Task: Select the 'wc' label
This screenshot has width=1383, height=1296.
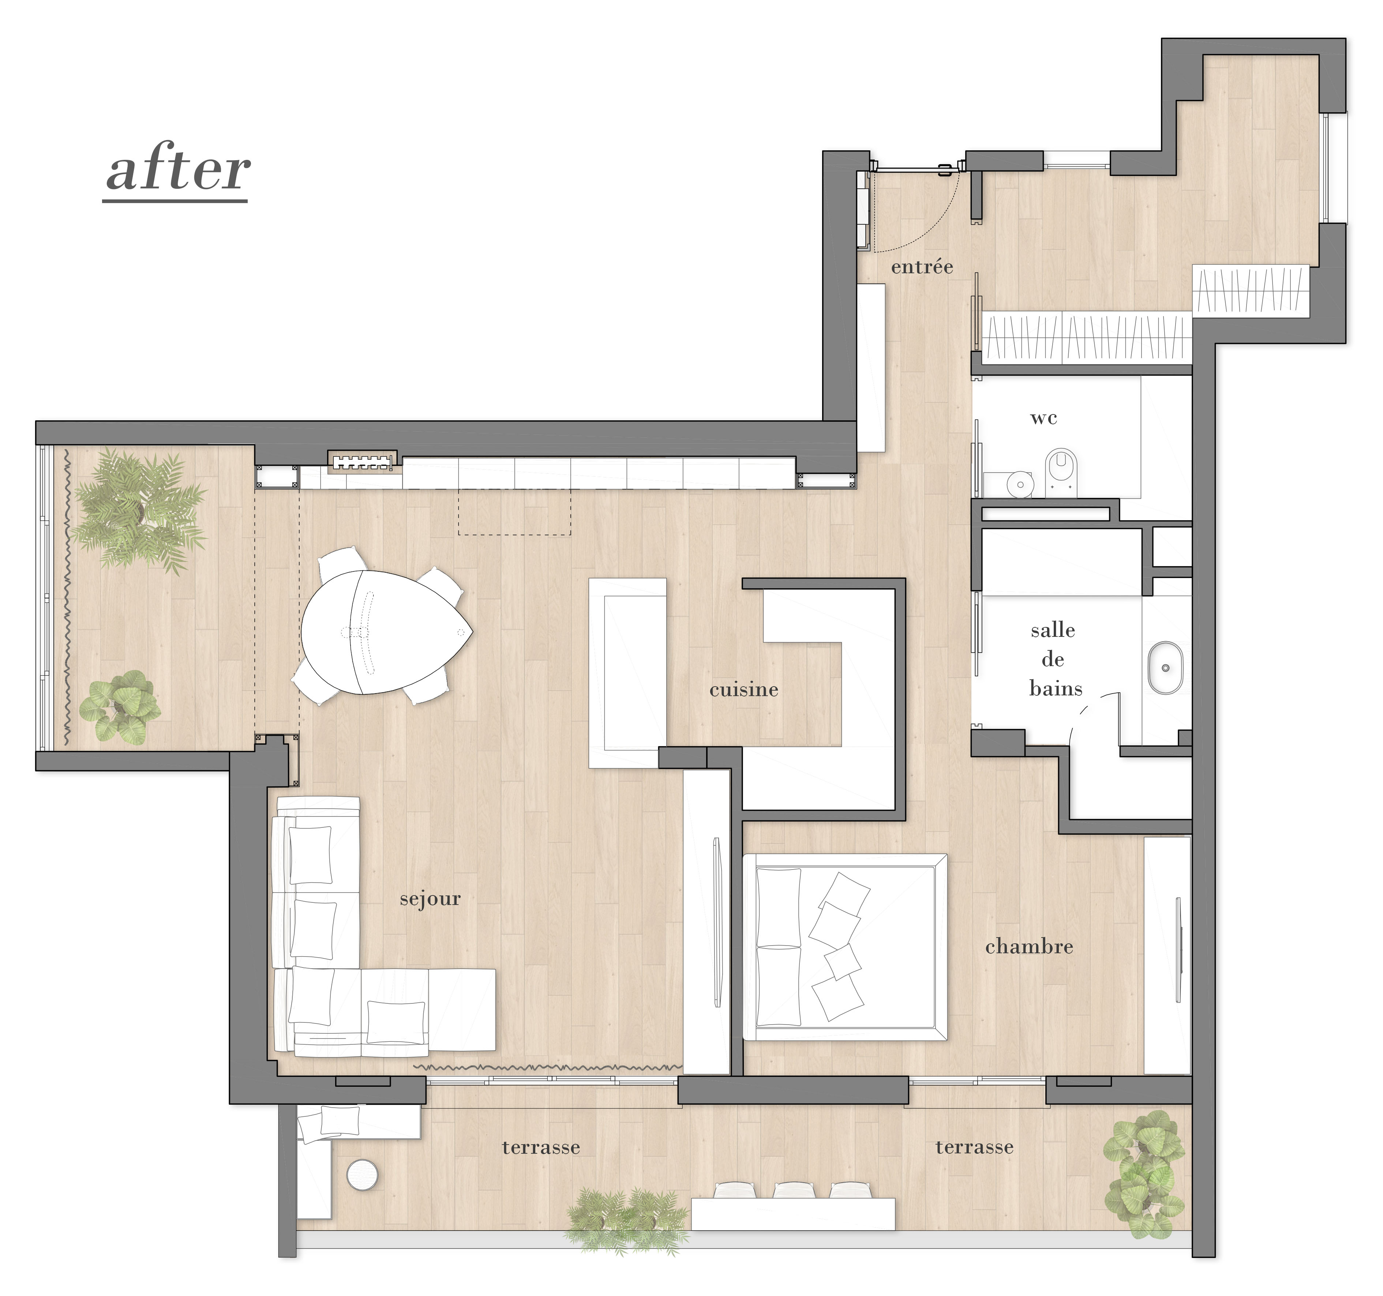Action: [x=1043, y=418]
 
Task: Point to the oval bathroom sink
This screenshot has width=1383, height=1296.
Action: [x=1165, y=668]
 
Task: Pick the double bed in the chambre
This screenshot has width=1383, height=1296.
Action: [x=845, y=947]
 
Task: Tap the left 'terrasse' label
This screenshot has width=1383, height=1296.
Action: [x=540, y=1147]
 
